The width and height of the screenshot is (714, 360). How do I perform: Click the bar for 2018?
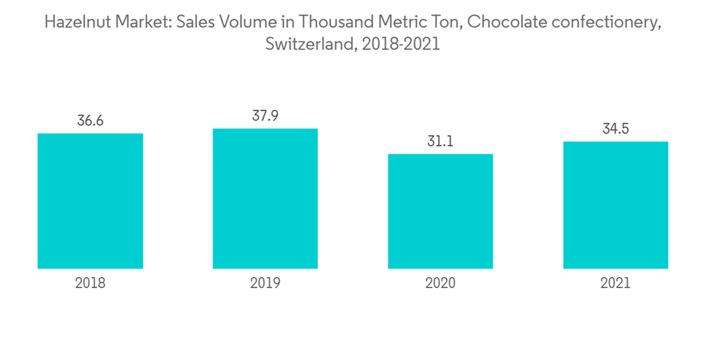(x=90, y=201)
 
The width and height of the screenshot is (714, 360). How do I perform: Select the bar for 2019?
(x=265, y=199)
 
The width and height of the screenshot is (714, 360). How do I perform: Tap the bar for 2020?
(x=441, y=211)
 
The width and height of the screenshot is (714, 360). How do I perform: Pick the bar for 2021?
(x=615, y=205)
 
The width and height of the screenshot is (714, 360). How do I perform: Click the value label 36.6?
(x=90, y=121)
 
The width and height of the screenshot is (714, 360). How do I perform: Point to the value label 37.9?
(x=265, y=116)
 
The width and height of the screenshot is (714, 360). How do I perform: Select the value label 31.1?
(x=441, y=141)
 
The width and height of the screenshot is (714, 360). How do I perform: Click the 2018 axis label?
(x=90, y=283)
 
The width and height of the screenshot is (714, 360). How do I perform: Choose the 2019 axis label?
(x=265, y=283)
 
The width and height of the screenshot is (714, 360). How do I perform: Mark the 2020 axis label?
(x=441, y=283)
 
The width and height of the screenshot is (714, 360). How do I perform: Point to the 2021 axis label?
(x=615, y=283)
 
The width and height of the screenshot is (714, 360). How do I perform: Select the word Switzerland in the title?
(x=311, y=44)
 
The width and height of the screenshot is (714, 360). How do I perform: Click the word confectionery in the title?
(x=607, y=22)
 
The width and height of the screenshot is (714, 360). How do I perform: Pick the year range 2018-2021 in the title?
(x=401, y=44)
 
